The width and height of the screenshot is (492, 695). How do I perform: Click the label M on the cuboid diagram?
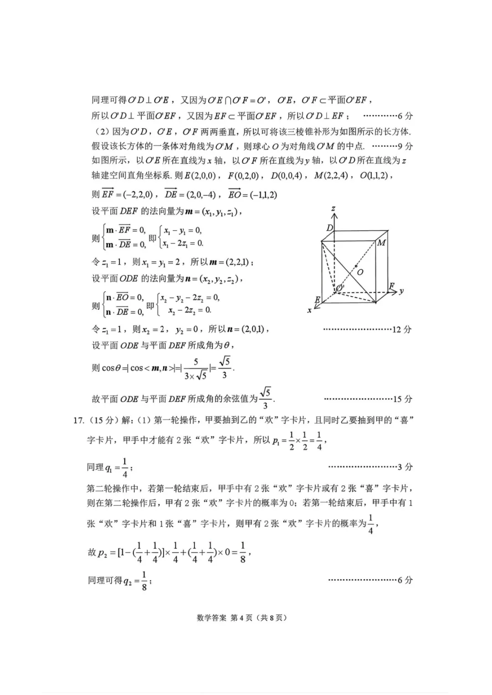click(381, 243)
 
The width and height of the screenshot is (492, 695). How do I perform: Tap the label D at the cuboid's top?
click(330, 228)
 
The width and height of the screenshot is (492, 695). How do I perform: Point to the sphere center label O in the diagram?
click(360, 272)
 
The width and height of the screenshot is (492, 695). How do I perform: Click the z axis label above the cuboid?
click(333, 209)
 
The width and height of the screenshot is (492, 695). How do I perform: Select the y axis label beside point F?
click(401, 290)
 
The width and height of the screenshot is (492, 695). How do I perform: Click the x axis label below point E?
click(309, 310)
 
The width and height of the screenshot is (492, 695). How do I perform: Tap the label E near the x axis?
click(318, 299)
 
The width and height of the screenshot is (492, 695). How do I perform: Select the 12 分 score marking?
click(401, 329)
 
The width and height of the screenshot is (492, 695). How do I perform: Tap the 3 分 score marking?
click(405, 467)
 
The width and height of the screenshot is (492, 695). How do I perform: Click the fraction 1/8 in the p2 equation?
click(243, 552)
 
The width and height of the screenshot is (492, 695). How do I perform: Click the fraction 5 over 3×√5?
click(196, 369)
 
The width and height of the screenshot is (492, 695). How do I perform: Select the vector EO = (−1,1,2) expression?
click(252, 195)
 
